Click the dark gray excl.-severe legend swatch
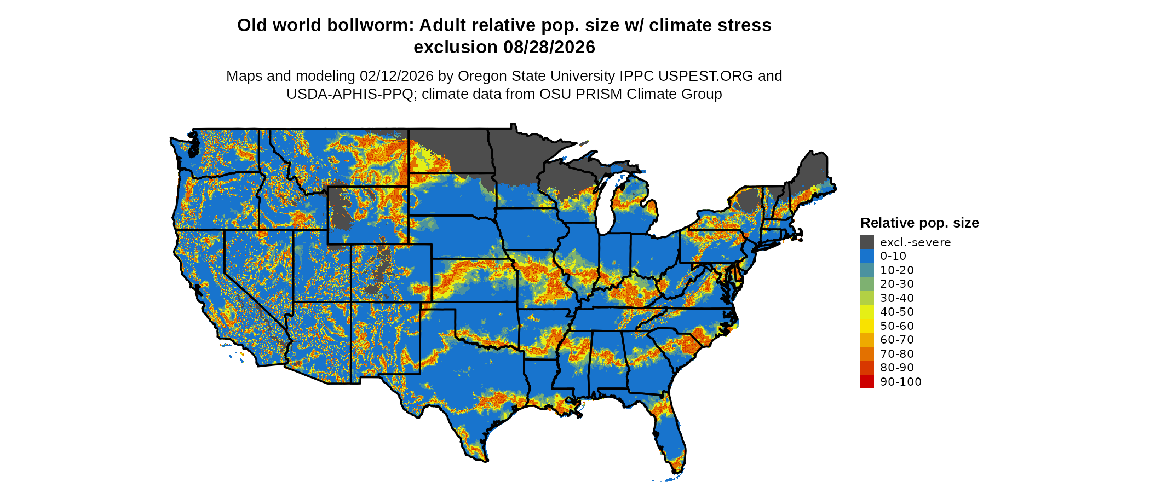click(867, 242)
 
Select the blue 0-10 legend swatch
click(867, 256)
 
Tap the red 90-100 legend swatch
click(867, 382)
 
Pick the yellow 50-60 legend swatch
click(867, 326)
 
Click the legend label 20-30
click(897, 284)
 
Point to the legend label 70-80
click(897, 354)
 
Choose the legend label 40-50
click(897, 312)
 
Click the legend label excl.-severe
click(915, 242)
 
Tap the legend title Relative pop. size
click(919, 223)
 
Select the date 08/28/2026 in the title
click(549, 47)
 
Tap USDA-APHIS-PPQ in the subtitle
click(350, 94)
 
